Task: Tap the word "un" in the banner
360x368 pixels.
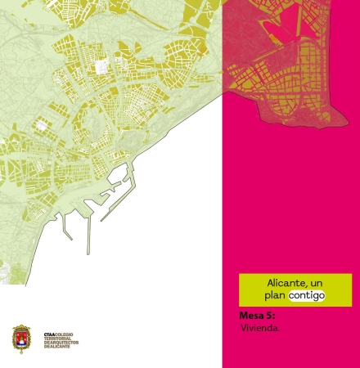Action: point(316,283)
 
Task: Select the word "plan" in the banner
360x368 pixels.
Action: point(275,294)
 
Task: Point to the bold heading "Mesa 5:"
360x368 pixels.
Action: point(257,315)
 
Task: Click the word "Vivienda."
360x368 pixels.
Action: point(260,327)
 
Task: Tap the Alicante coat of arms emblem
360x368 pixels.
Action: point(21,339)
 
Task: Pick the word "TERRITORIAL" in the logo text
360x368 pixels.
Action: point(59,338)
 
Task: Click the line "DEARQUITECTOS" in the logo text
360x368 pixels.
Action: point(63,342)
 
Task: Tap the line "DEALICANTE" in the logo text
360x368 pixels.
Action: point(59,346)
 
